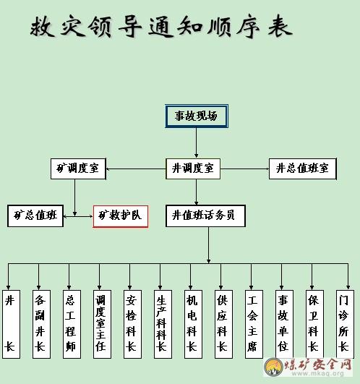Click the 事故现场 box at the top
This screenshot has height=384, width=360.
tap(197, 116)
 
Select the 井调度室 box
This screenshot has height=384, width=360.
tap(193, 168)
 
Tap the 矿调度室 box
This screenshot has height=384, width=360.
tap(78, 168)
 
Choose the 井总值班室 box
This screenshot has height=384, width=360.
tap(303, 168)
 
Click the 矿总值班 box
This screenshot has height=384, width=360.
tap(35, 216)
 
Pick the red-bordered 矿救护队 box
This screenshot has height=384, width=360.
tap(121, 216)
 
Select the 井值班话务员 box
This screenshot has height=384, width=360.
tap(205, 216)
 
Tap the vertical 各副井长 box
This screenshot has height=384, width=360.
tap(41, 324)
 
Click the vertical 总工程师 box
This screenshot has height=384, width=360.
tap(72, 324)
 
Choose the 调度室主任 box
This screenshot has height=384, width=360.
tap(102, 324)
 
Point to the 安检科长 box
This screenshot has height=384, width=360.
tap(132, 324)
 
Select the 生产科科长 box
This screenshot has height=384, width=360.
tap(163, 324)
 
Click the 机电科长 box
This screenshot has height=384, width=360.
tap(193, 324)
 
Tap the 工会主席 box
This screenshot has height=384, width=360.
tap(254, 324)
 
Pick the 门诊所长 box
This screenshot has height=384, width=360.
tap(345, 324)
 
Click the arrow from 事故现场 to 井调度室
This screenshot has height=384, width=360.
tap(196, 142)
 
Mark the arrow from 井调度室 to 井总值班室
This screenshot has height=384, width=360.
tap(245, 168)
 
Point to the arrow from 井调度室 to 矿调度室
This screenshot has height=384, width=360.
tap(136, 168)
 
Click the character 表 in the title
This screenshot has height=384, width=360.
tap(280, 27)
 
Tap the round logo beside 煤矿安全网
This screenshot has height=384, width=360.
tap(273, 367)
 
